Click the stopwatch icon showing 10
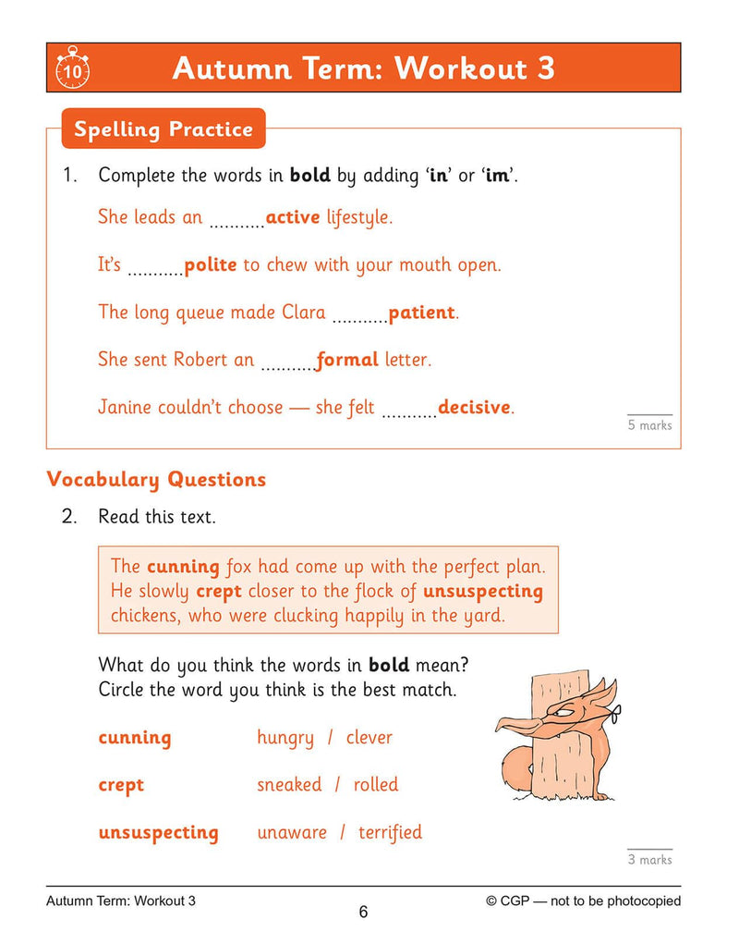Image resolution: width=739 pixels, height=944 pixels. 72,68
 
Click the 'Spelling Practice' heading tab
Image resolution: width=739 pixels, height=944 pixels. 164,129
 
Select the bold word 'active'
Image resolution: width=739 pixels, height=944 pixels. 293,218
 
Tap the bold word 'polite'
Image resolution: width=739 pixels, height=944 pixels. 211,265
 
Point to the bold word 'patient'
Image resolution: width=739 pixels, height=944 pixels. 422,313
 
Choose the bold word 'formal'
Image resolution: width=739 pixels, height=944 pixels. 347,360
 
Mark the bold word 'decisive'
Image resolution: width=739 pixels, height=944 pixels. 475,407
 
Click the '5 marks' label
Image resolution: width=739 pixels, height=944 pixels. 650,425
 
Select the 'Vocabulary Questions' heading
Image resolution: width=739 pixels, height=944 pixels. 156,479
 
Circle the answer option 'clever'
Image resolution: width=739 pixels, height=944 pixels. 369,738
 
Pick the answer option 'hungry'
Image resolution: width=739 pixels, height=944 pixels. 285,738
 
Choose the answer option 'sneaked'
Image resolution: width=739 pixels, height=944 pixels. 289,785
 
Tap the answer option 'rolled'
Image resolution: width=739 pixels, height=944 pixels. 376,785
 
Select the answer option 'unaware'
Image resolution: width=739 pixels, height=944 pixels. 292,832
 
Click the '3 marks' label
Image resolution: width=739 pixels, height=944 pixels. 650,860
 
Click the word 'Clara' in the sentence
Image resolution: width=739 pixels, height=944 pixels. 303,313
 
